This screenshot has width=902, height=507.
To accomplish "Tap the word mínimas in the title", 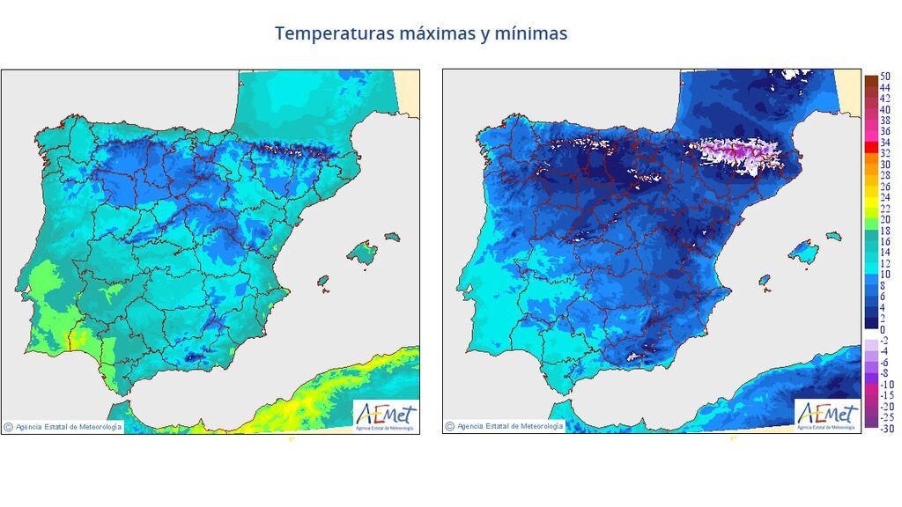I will click(x=532, y=33).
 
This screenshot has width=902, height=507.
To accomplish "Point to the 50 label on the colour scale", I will click(x=884, y=77).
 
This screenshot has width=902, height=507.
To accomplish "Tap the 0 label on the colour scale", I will click(x=882, y=329).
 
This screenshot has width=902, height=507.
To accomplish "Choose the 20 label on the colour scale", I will click(x=884, y=219).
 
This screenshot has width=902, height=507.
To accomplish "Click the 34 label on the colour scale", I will click(x=884, y=143).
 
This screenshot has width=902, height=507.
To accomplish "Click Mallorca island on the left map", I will click(x=361, y=254).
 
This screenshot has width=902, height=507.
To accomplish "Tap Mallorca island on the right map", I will click(x=802, y=254).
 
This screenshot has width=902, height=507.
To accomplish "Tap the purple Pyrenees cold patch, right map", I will click(x=736, y=154).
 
